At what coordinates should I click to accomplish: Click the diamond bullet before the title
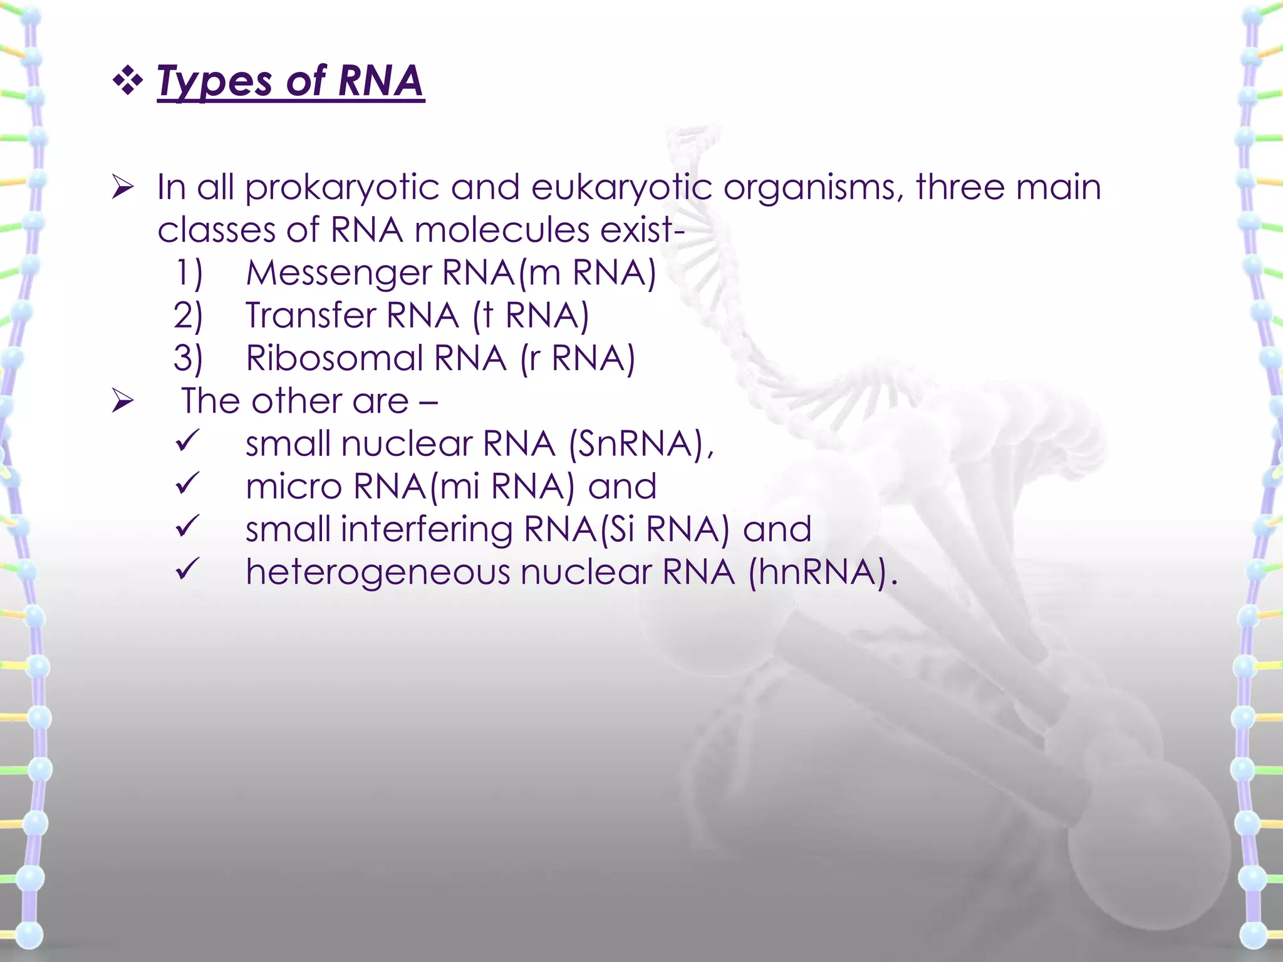tap(128, 81)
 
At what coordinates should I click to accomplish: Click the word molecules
tap(502, 230)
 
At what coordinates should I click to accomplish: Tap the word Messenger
tap(338, 273)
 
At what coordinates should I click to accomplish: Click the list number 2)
tap(188, 316)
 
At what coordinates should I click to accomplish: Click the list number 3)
tap(188, 358)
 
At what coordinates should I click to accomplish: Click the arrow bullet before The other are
tap(123, 401)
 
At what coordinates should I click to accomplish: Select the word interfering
tap(426, 529)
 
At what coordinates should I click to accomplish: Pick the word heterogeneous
tap(378, 572)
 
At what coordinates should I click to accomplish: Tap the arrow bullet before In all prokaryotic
tap(123, 187)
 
